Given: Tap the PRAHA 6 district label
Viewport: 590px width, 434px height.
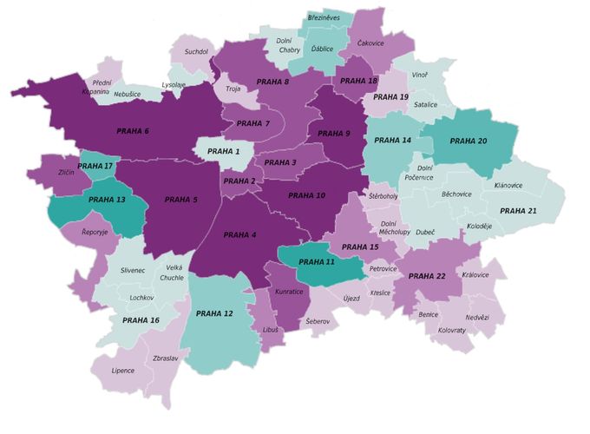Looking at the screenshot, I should coord(133,131).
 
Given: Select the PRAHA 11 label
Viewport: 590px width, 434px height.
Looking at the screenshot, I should coord(317,261).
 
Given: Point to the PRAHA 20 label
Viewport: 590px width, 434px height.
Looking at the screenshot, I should coord(469,141).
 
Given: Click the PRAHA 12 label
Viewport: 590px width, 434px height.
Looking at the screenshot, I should coord(214,313).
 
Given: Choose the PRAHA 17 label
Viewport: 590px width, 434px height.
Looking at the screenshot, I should coord(95,166).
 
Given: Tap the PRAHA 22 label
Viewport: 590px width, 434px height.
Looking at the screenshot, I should coord(426,276).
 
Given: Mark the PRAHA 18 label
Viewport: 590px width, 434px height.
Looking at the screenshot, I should coord(358,81).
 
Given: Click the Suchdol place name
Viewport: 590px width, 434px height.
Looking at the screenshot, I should coord(197,52).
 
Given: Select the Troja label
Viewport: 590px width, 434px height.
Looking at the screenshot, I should coord(233,89).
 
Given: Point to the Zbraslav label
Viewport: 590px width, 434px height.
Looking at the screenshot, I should coord(166,358).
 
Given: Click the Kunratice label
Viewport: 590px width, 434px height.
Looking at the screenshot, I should coord(290,293).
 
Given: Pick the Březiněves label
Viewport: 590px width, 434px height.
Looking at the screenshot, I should coord(330,16).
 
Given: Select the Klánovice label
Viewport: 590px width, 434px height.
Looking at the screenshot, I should coord(508,186).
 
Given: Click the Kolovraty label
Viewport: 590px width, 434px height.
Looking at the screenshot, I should coord(451,330).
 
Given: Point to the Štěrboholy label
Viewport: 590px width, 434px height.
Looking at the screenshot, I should coord(383,196).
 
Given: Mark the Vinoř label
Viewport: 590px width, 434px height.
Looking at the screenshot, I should coord(420,76).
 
